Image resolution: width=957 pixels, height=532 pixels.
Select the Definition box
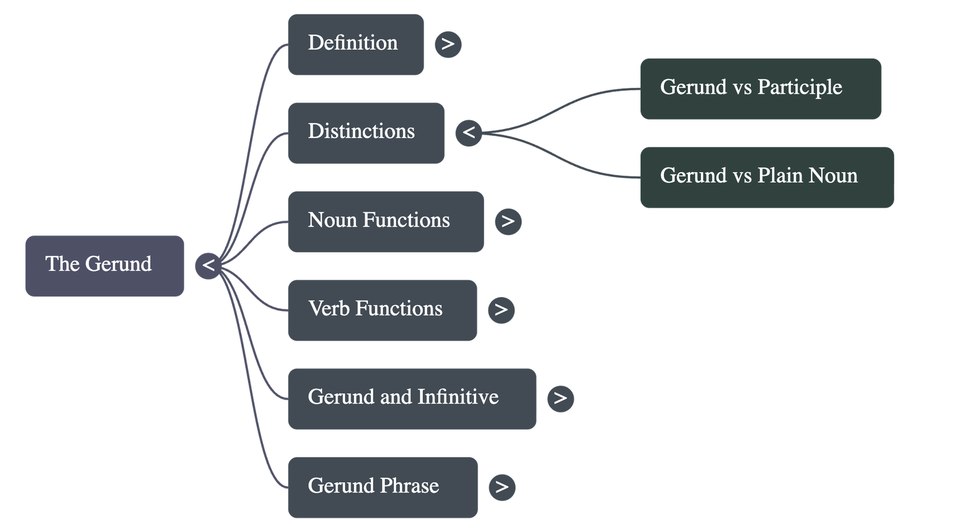pyautogui.click(x=355, y=44)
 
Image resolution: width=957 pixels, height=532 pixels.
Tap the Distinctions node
pyautogui.click(x=365, y=132)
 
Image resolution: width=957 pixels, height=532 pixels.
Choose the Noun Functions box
pyautogui.click(x=385, y=221)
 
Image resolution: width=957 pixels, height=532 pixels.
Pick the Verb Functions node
pyautogui.click(x=382, y=310)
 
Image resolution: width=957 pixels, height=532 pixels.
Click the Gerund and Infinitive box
pyautogui.click(x=412, y=398)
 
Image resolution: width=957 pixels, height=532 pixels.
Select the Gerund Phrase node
pyautogui.click(x=382, y=487)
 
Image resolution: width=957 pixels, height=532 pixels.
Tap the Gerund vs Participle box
pyautogui.click(x=760, y=88)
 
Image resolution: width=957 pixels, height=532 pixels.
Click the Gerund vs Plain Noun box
pyautogui.click(x=767, y=177)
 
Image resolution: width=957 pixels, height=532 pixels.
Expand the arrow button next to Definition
pyautogui.click(x=448, y=44)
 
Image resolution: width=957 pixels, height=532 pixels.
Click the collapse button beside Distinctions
pyautogui.click(x=468, y=132)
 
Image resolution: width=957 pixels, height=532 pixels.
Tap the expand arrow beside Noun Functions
pyautogui.click(x=508, y=221)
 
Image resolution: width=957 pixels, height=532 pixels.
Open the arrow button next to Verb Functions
pyautogui.click(x=501, y=310)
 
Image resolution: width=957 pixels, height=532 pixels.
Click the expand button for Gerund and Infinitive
pyautogui.click(x=560, y=398)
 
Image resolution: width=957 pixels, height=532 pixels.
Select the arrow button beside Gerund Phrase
pyautogui.click(x=502, y=487)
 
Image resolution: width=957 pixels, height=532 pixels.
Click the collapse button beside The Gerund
pyautogui.click(x=208, y=265)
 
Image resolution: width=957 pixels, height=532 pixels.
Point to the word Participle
pyautogui.click(x=800, y=87)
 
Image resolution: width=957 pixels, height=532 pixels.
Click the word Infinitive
pyautogui.click(x=458, y=397)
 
